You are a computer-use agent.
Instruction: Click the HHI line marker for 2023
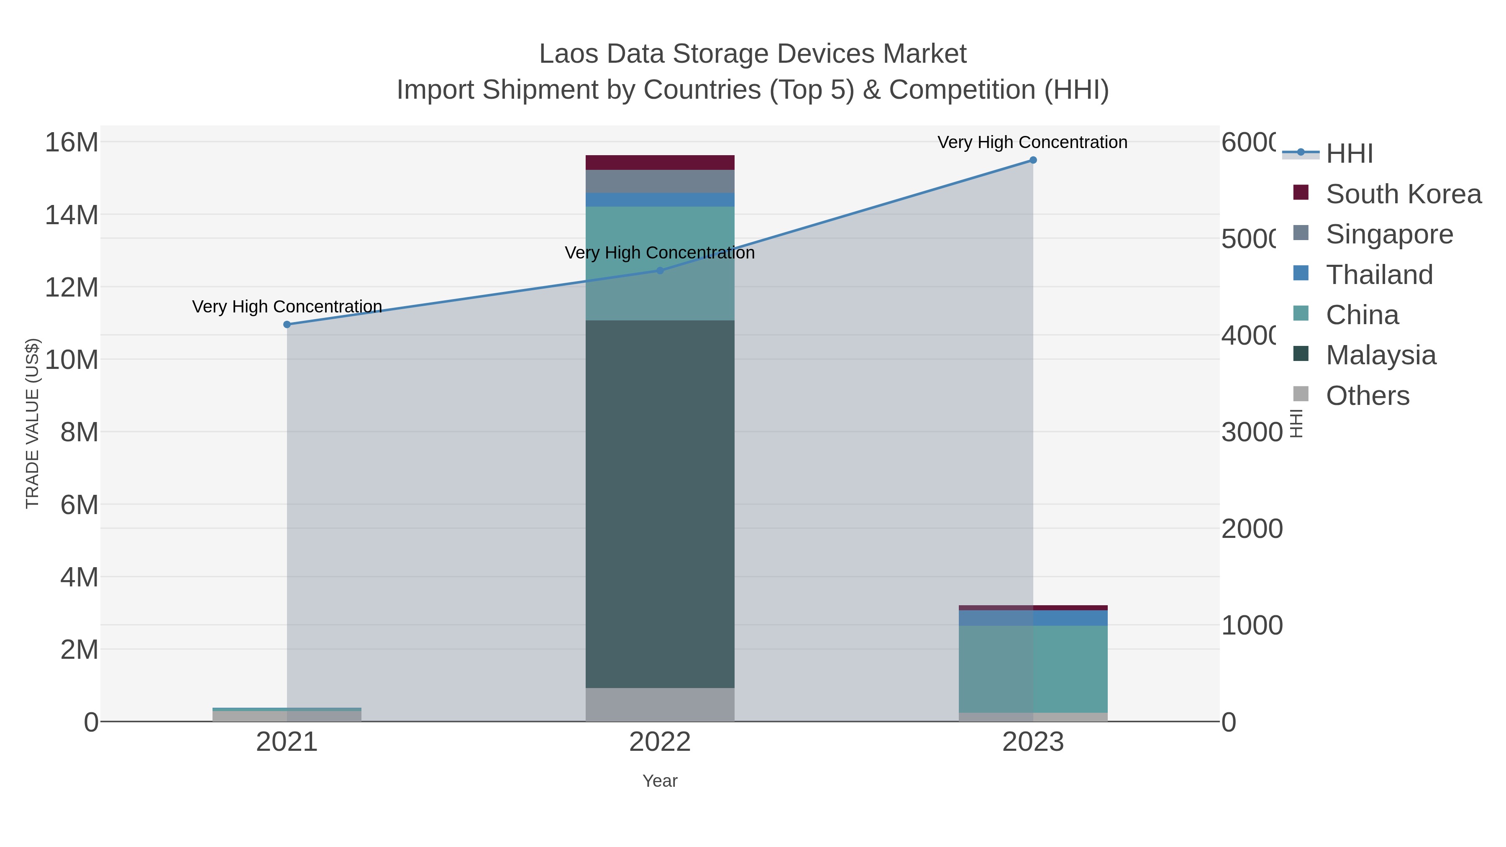[x=1032, y=160]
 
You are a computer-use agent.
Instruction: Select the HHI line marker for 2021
[x=287, y=325]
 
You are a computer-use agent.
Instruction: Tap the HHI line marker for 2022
[x=660, y=271]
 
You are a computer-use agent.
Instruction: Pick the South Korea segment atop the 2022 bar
[x=660, y=163]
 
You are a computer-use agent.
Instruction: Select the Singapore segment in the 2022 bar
[x=660, y=181]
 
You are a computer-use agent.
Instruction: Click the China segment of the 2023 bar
[x=1032, y=669]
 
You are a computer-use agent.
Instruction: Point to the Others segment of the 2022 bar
[x=660, y=704]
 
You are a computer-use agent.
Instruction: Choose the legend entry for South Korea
[x=1403, y=194]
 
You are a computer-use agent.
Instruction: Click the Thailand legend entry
[x=1379, y=275]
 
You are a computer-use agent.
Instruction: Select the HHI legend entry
[x=1349, y=154]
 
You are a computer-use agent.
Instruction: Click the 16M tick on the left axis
[x=71, y=143]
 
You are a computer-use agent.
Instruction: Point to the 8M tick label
[x=79, y=432]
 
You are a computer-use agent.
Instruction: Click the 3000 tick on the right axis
[x=1251, y=432]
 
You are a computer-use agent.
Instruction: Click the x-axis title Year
[x=660, y=781]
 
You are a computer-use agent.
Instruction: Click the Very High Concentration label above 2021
[x=287, y=307]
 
